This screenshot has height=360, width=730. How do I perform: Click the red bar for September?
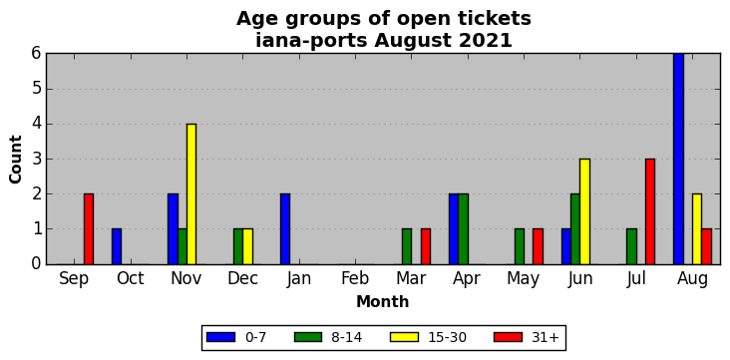click(x=89, y=229)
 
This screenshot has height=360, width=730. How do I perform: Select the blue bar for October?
click(x=117, y=247)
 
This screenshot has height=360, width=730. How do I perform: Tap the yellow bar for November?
click(x=191, y=194)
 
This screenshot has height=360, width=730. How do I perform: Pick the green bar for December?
click(x=238, y=247)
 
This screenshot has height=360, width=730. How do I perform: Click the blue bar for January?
click(x=285, y=229)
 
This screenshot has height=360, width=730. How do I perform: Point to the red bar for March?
click(x=426, y=247)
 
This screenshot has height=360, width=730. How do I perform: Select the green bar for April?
click(x=464, y=229)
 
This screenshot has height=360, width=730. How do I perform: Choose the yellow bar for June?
click(x=584, y=211)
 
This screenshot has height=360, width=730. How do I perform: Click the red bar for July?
click(x=650, y=211)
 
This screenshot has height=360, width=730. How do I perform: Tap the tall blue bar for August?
click(x=678, y=159)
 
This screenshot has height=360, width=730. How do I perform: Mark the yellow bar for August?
click(x=697, y=229)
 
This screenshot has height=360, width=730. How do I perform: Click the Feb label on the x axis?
click(x=355, y=278)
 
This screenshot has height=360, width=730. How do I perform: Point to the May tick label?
click(x=524, y=279)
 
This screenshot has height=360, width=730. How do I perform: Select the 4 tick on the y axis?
click(x=37, y=125)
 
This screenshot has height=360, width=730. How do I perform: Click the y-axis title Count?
click(x=15, y=160)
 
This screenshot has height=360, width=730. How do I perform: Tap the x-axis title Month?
click(x=383, y=302)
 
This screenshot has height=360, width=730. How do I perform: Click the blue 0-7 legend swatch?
click(x=219, y=337)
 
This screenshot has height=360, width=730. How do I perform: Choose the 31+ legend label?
click(x=545, y=337)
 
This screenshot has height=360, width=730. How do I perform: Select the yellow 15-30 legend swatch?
click(x=405, y=337)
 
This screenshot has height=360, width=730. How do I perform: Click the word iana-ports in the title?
click(x=312, y=41)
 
